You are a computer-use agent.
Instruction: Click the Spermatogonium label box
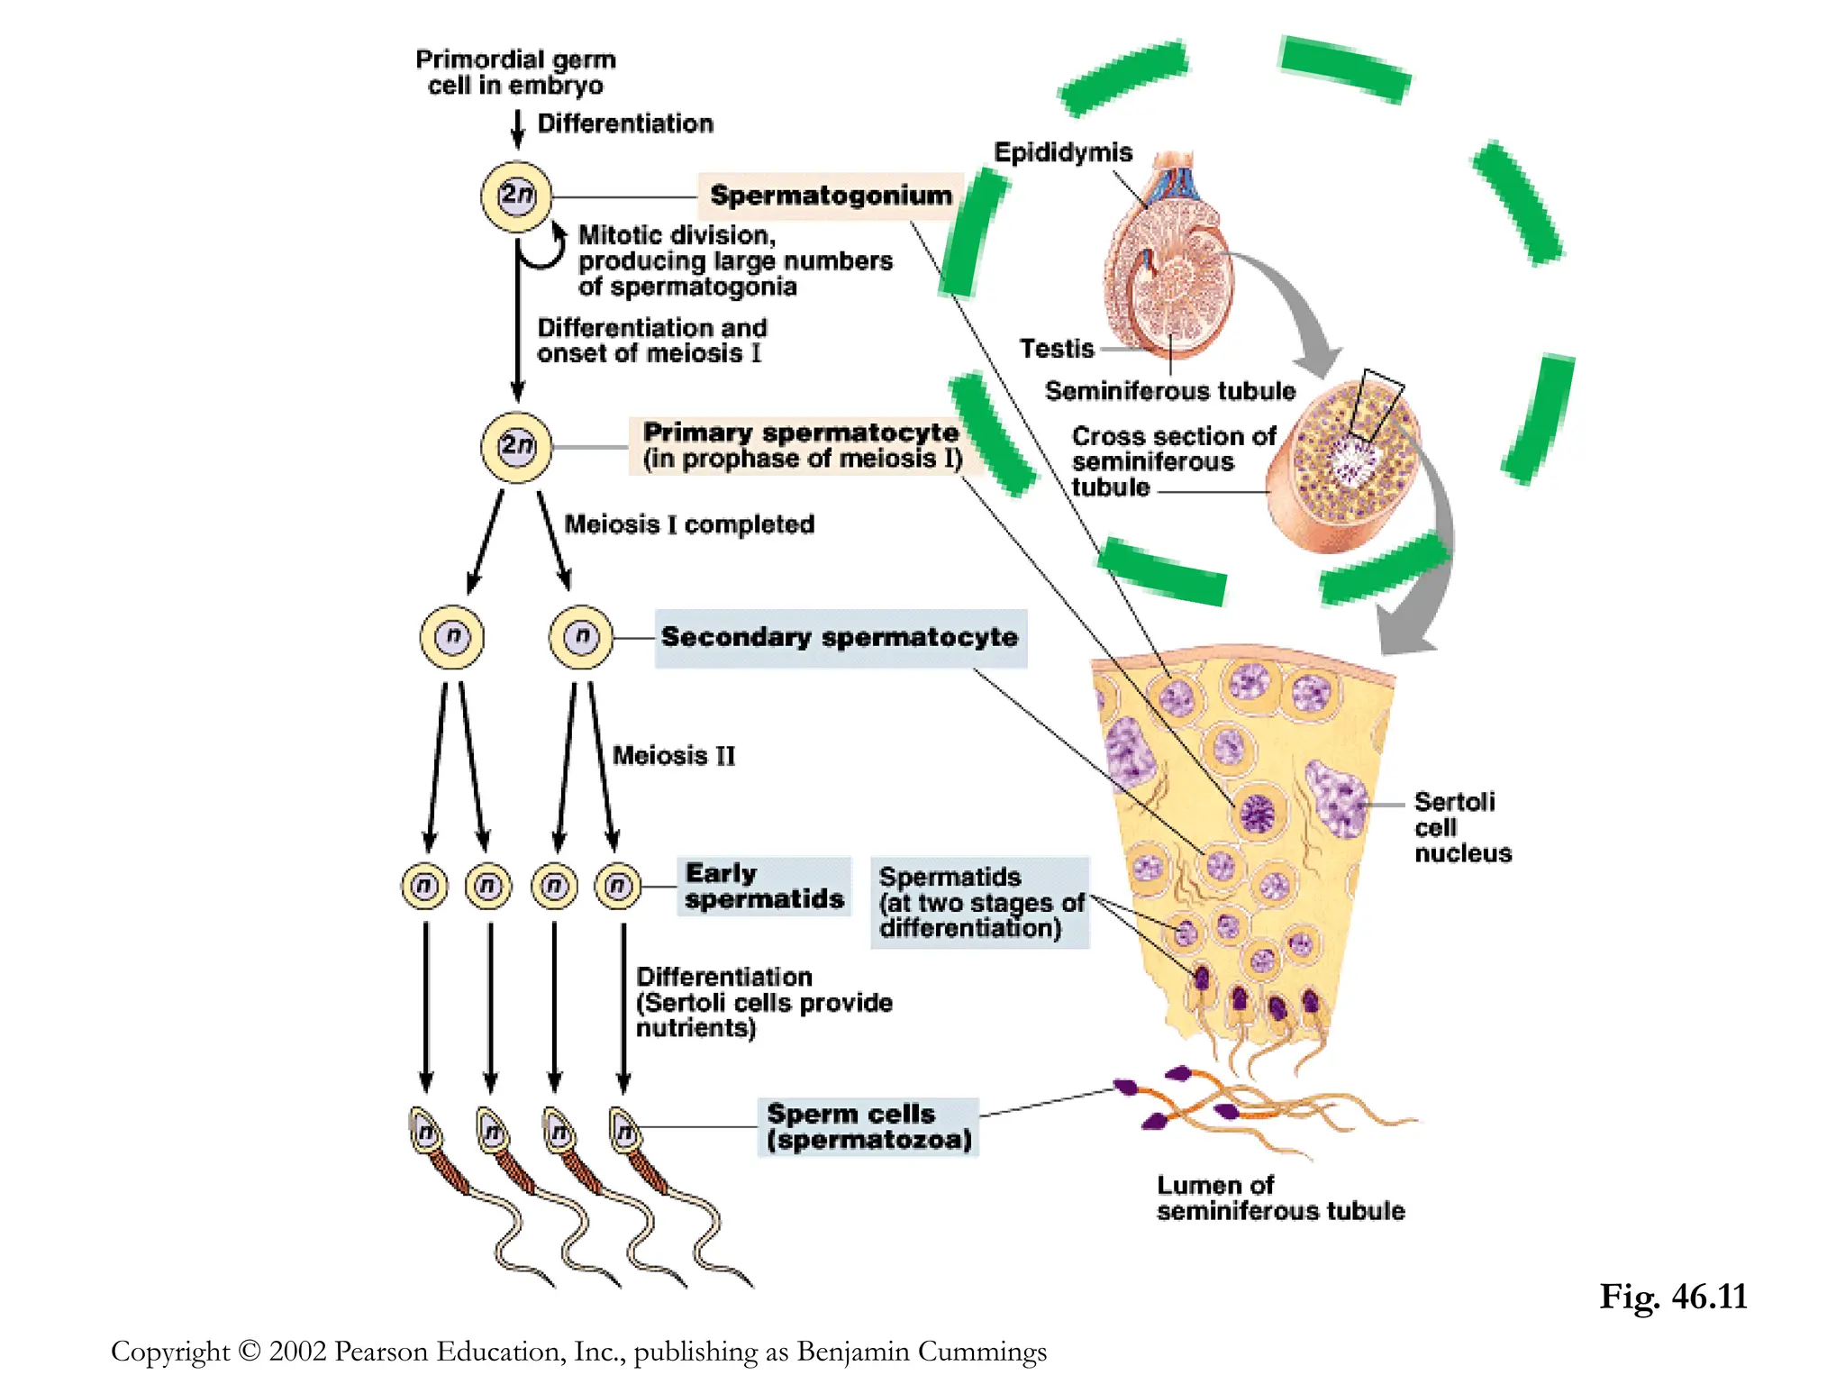tap(830, 196)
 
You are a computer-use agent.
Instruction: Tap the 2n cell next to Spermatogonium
tap(516, 196)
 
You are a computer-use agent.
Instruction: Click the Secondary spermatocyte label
tap(839, 637)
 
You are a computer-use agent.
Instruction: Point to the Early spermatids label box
tap(763, 887)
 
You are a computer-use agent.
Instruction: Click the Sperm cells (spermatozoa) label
tap(868, 1126)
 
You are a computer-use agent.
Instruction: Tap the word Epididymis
tap(1062, 152)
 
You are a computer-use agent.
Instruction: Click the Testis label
tap(1056, 349)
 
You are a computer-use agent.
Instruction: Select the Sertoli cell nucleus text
tap(1461, 827)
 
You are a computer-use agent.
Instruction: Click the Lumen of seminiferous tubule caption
tap(1279, 1198)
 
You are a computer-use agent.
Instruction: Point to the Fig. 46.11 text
tap(1673, 1297)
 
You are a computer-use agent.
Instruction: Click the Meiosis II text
tap(674, 755)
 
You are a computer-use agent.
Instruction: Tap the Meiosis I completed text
tap(689, 524)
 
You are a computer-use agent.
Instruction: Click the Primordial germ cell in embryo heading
tap(515, 72)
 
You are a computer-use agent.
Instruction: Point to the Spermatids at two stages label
tap(979, 902)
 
